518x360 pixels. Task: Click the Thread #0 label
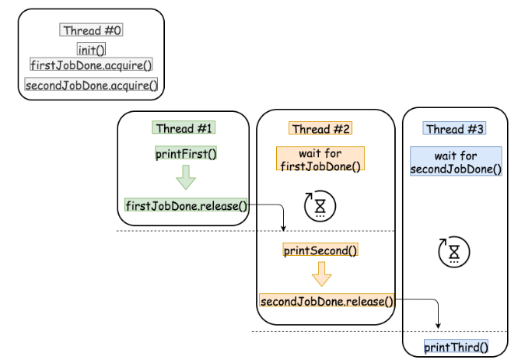(92, 31)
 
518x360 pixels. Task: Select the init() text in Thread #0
(92, 50)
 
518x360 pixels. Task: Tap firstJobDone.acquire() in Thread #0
(92, 65)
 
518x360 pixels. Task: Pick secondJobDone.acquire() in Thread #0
(92, 85)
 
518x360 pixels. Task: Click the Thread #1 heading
(185, 128)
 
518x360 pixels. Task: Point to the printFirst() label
(186, 153)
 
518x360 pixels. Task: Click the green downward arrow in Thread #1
(186, 178)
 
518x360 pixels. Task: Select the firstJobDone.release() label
(186, 206)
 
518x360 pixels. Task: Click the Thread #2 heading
(320, 128)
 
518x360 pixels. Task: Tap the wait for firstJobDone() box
(320, 159)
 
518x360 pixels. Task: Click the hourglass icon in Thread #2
(320, 205)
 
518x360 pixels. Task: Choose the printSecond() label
(320, 250)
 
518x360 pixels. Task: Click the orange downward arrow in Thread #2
(321, 274)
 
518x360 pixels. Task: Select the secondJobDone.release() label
(327, 300)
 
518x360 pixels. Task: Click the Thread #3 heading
(455, 128)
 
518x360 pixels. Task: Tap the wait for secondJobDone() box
(455, 162)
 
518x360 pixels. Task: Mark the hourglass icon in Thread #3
(454, 253)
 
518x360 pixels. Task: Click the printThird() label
(456, 348)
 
